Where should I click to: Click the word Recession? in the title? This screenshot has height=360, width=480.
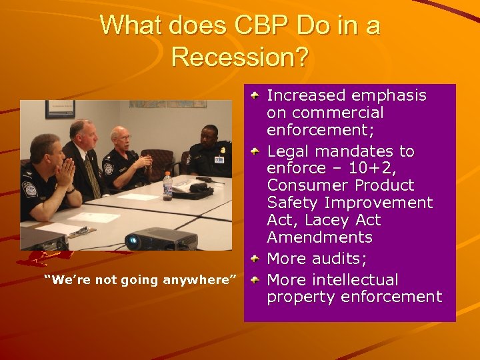tap(240, 57)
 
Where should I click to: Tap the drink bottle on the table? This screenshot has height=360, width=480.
tap(168, 186)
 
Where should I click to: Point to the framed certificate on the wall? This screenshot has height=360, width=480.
tap(60, 110)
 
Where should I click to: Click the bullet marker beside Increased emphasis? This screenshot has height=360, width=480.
tap(255, 96)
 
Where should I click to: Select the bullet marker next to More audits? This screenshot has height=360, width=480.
tap(255, 259)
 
